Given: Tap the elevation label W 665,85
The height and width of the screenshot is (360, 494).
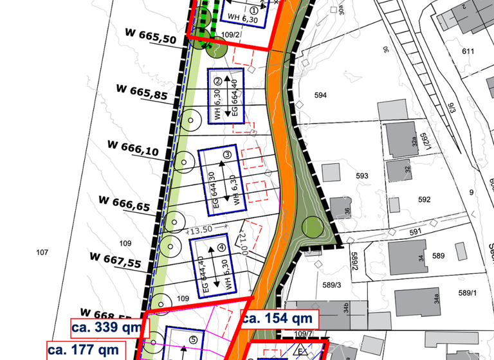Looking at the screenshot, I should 142,91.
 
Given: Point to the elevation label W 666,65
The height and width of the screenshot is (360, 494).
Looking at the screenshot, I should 125,202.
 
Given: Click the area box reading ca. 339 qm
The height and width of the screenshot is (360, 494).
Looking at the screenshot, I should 109,327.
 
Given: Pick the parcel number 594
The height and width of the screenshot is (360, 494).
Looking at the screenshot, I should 321,95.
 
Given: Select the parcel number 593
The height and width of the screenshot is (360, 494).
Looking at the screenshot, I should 362,175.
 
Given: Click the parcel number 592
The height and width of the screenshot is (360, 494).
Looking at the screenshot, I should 424,199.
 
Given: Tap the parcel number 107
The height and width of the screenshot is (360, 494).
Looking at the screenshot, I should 42,253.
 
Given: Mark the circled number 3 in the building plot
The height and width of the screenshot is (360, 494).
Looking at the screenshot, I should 227,154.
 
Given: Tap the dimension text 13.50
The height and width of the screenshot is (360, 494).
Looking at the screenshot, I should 199,230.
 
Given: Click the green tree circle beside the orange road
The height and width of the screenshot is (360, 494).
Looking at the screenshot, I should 313,226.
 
